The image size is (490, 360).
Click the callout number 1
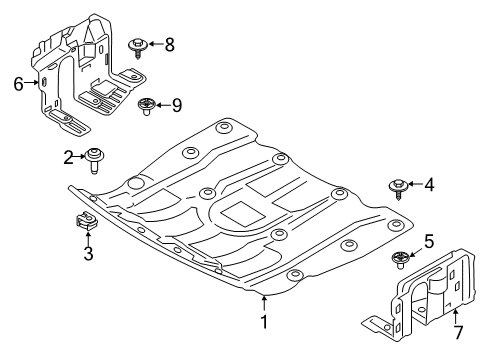pos(264,323)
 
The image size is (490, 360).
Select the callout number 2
pos(68,156)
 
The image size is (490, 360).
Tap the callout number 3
pos(87,256)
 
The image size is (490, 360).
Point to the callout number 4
pos(429,184)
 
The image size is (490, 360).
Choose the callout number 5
pos(429,240)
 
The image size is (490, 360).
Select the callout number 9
pos(177,104)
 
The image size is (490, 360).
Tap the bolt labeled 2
pos(97,158)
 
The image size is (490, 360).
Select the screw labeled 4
pos(398,186)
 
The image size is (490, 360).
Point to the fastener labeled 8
pos(138,45)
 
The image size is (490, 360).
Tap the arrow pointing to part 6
pos(32,84)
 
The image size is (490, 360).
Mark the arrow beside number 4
pos(414,184)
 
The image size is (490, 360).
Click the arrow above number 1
pos(264,303)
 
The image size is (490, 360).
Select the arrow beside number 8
pos(155,43)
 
